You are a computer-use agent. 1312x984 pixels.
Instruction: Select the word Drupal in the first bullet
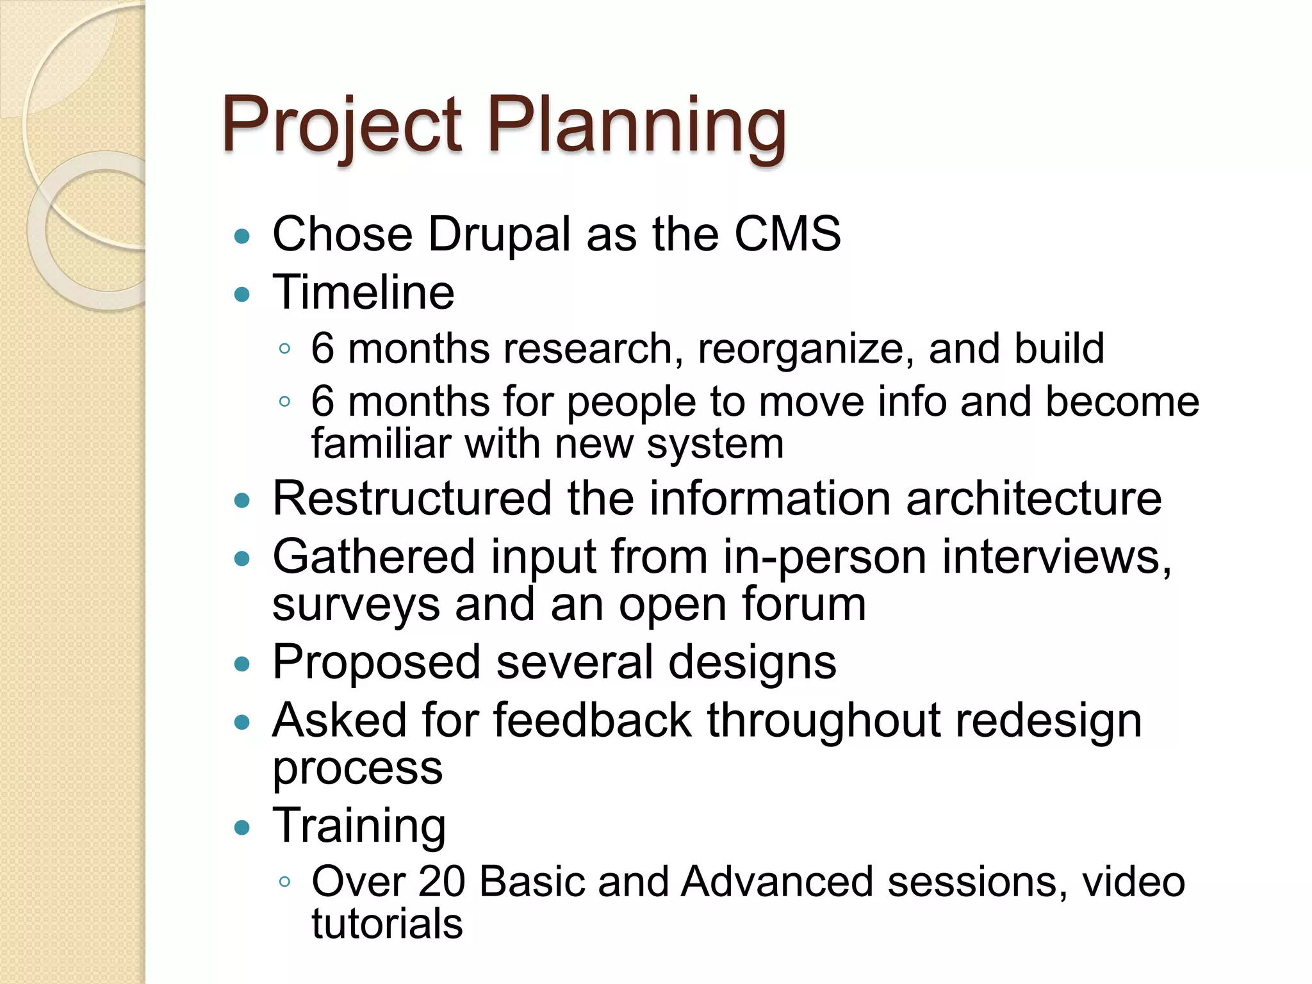click(x=499, y=235)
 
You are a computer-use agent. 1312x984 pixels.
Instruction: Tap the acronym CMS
click(x=787, y=234)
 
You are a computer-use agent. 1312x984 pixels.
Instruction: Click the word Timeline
click(x=363, y=293)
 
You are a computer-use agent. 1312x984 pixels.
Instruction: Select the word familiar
click(x=382, y=443)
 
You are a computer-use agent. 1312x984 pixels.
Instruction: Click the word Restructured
click(x=412, y=498)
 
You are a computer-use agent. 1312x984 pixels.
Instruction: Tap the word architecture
click(x=1033, y=498)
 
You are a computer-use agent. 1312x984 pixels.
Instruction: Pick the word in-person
click(x=824, y=557)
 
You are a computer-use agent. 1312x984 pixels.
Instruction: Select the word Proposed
click(x=377, y=663)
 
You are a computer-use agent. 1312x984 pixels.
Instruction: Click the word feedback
click(x=593, y=720)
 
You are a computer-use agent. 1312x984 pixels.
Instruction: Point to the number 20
click(x=441, y=881)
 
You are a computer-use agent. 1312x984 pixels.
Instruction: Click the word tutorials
click(x=387, y=924)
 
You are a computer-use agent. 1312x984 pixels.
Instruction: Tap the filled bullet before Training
click(x=242, y=828)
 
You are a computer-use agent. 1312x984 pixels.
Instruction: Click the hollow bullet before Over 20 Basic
click(x=285, y=882)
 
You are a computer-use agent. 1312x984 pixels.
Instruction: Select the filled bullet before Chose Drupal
click(x=242, y=236)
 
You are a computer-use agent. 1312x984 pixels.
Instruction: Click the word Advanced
click(x=776, y=881)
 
